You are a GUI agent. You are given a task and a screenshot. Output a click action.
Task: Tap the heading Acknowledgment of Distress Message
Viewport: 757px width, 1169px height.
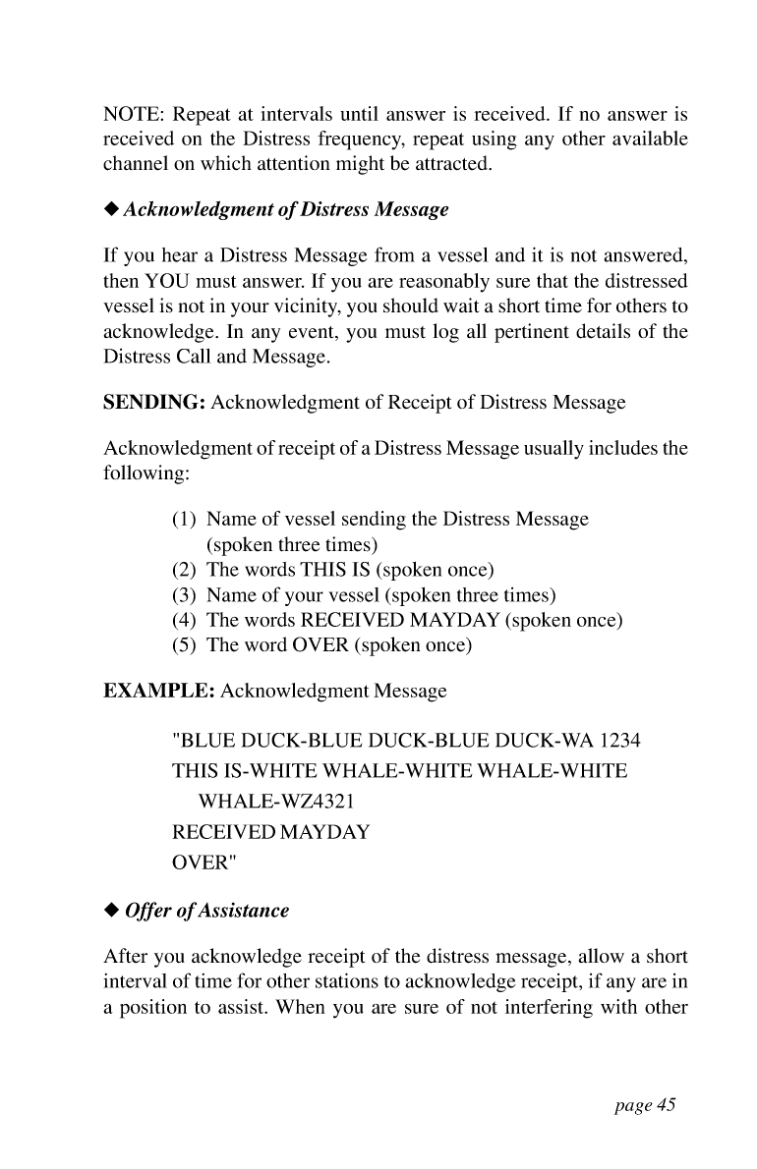pos(286,209)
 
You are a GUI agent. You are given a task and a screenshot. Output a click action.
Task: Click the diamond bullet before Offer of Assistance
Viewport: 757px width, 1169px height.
pos(111,911)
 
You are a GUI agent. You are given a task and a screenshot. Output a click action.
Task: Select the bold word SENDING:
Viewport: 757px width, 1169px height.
pos(155,403)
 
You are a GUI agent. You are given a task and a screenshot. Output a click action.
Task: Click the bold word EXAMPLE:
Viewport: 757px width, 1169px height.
pos(159,691)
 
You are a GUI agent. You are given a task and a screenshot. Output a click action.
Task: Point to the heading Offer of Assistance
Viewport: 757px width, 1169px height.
pos(206,911)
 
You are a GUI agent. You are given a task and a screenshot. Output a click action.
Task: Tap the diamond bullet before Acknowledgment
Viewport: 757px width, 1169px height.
pos(111,209)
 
